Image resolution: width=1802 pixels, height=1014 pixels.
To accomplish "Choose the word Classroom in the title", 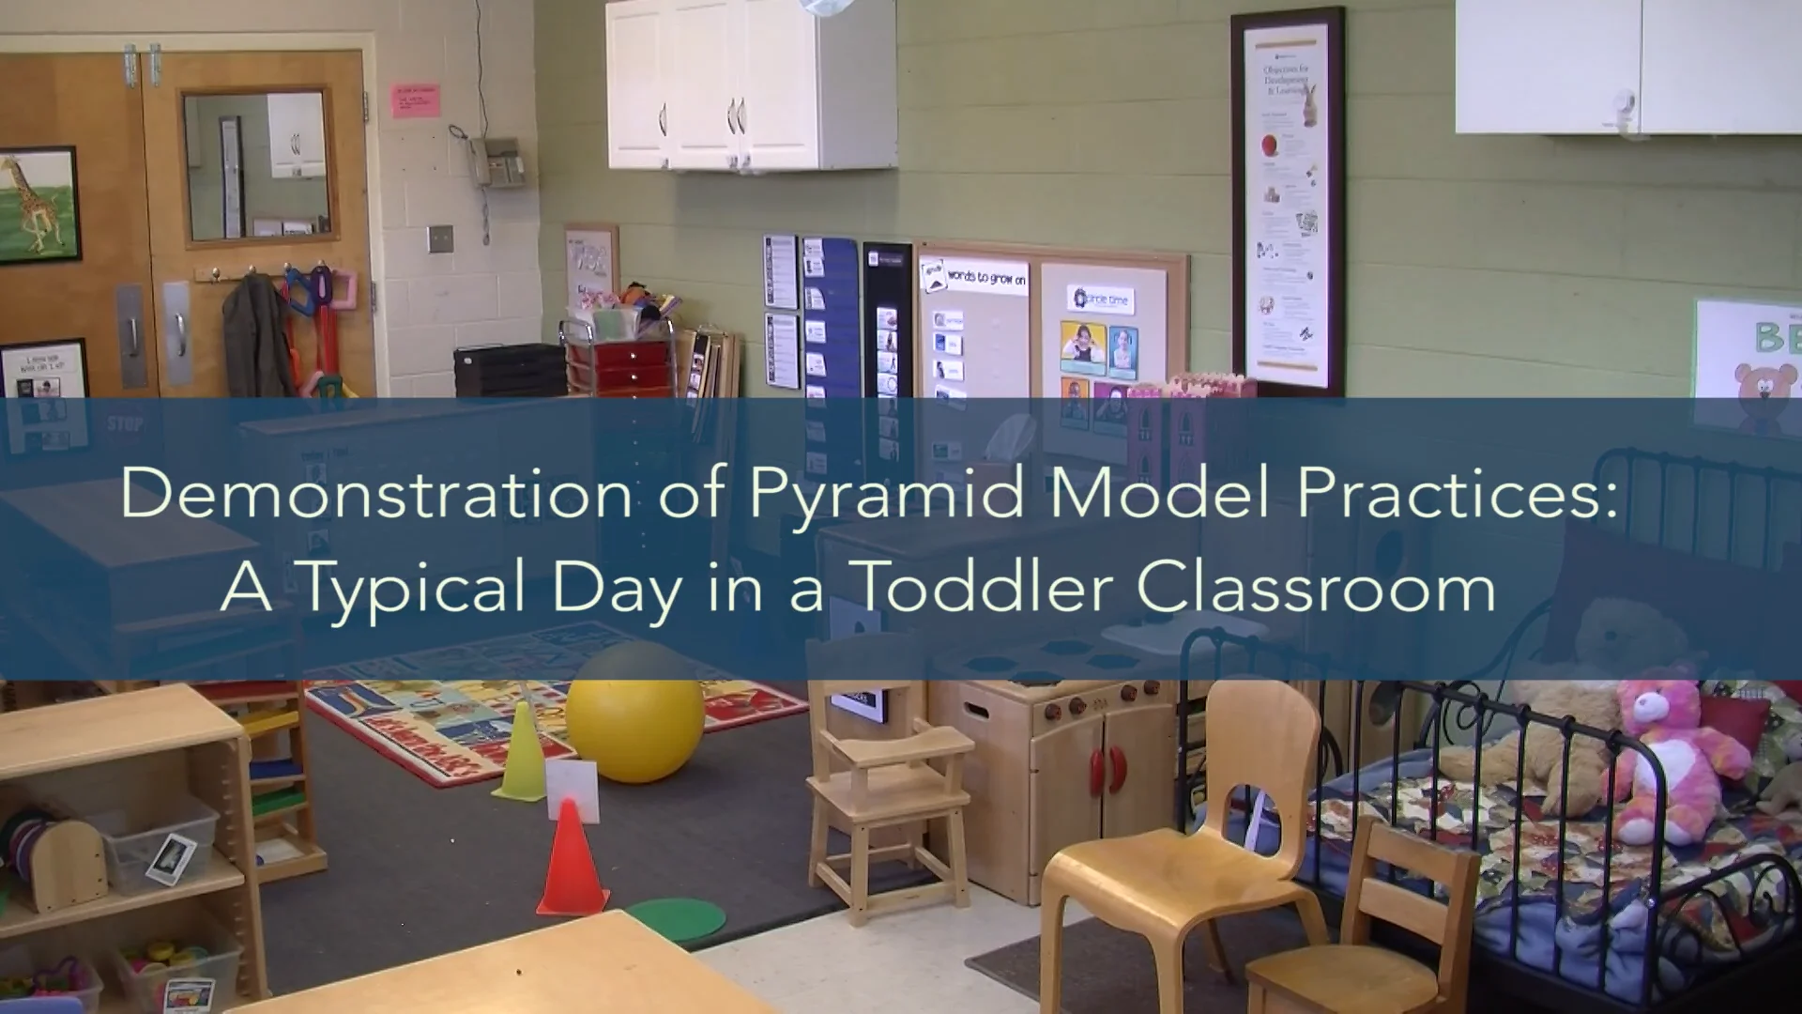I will pyautogui.click(x=1316, y=587).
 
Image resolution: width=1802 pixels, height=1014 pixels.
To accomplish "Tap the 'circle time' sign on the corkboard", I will pyautogui.click(x=1100, y=300).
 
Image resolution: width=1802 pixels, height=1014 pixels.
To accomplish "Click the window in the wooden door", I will pyautogui.click(x=256, y=166).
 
